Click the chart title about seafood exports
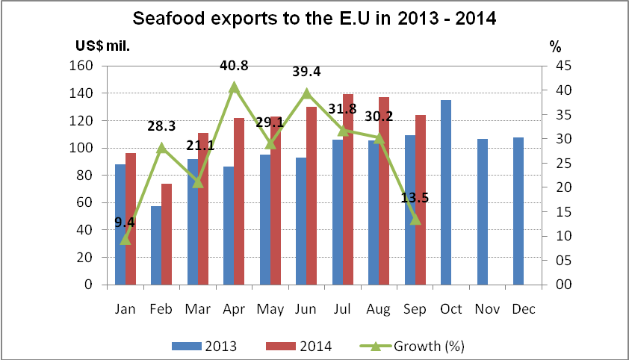coord(314,18)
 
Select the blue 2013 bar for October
coord(446,193)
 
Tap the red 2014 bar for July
coord(348,190)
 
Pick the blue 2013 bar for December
coord(518,211)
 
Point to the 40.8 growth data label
coord(234,66)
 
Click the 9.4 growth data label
coord(126,221)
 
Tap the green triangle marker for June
coord(306,93)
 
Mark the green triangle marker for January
coord(126,239)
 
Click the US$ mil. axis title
coord(102,46)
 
